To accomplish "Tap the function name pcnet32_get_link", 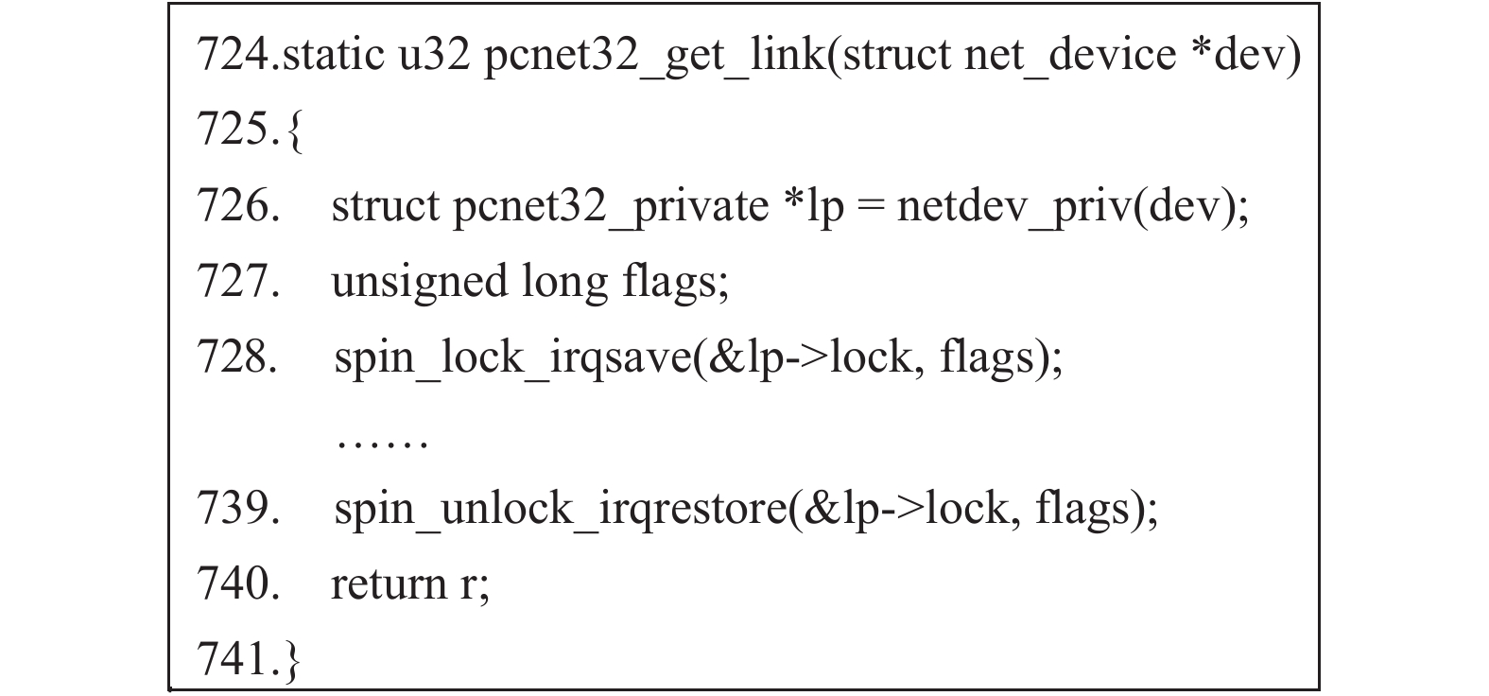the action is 654,57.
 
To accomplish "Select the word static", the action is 334,54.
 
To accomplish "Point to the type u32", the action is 434,55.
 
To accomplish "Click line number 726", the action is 238,205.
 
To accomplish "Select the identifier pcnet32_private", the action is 611,208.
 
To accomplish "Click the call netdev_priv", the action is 1014,208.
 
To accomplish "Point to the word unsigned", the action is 420,283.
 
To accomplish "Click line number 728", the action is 237,357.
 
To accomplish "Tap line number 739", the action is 238,509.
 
